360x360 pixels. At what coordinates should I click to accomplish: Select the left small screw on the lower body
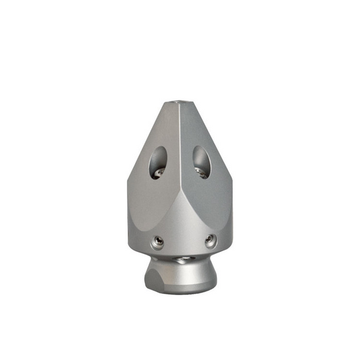tap(158, 240)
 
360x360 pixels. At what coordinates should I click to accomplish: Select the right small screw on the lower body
tap(211, 239)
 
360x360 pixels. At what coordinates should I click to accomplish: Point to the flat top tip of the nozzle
tap(179, 102)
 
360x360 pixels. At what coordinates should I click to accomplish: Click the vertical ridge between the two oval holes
tap(180, 162)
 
